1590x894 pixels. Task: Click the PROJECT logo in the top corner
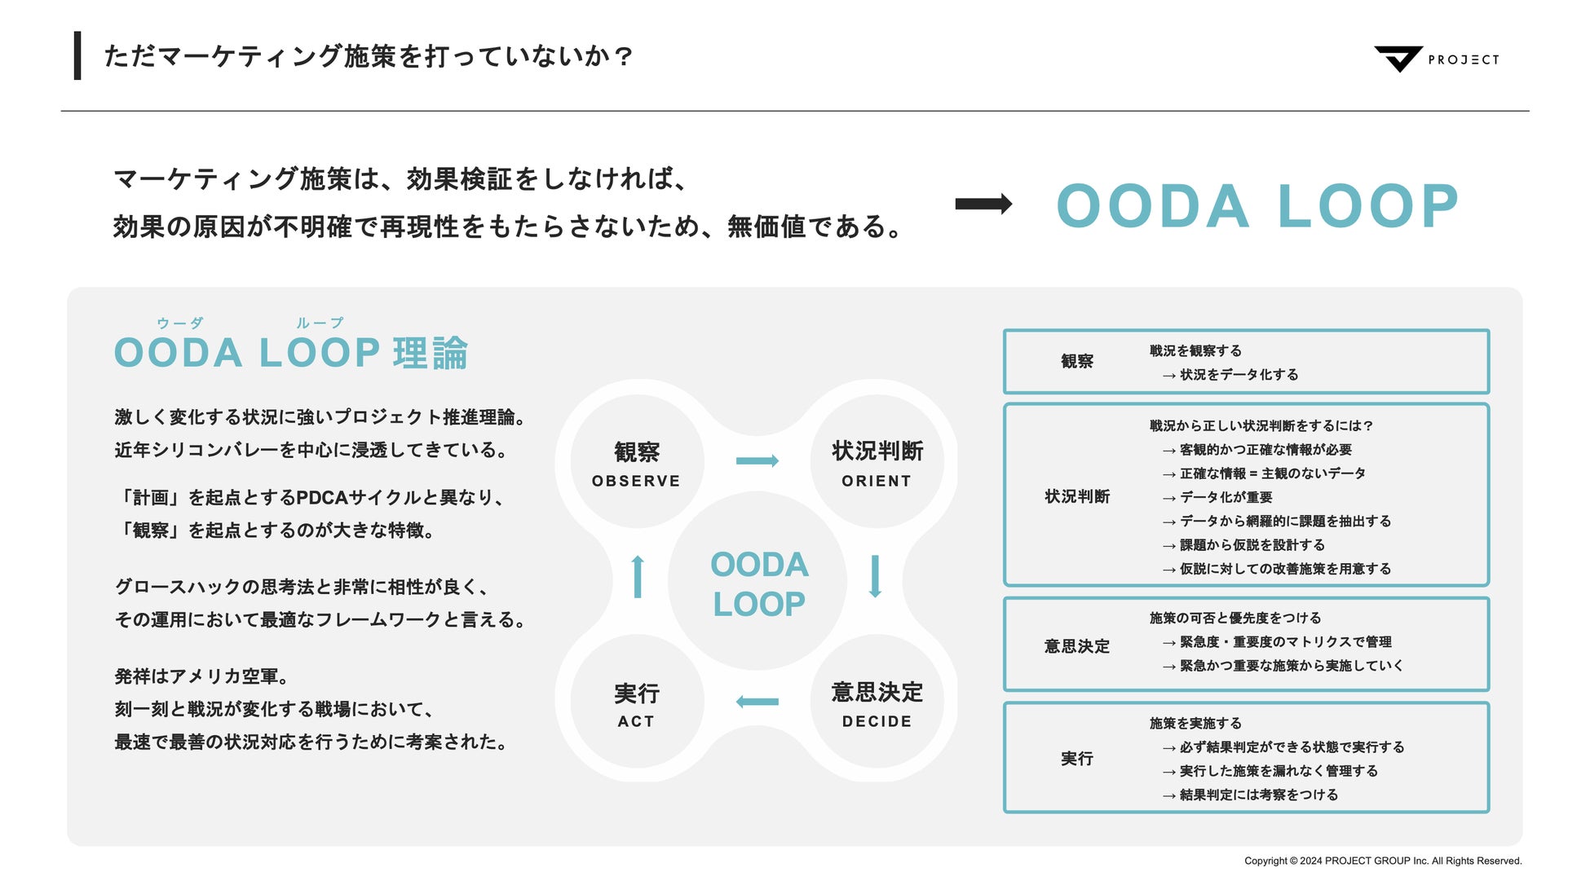click(1436, 59)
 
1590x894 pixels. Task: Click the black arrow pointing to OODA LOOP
click(983, 204)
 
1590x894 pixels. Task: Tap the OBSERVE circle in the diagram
click(636, 463)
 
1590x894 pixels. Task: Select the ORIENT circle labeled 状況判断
click(877, 463)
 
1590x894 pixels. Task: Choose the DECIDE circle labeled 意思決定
click(877, 702)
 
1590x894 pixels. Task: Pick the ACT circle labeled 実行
click(636, 702)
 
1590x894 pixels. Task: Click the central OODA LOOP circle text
click(758, 584)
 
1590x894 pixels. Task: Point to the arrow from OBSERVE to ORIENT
click(757, 461)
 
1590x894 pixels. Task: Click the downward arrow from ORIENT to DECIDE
click(875, 576)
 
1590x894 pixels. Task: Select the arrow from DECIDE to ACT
click(757, 702)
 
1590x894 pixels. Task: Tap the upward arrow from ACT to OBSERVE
click(638, 576)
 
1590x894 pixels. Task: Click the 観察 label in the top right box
click(1076, 361)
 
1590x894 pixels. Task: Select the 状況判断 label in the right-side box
click(1076, 496)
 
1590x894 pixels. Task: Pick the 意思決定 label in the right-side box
click(1076, 646)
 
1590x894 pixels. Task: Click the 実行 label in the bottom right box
click(1076, 759)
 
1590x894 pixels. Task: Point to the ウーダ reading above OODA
click(180, 323)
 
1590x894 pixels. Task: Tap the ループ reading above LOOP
click(320, 323)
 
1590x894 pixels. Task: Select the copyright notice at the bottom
click(1382, 861)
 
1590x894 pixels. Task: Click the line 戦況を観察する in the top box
click(1195, 350)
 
